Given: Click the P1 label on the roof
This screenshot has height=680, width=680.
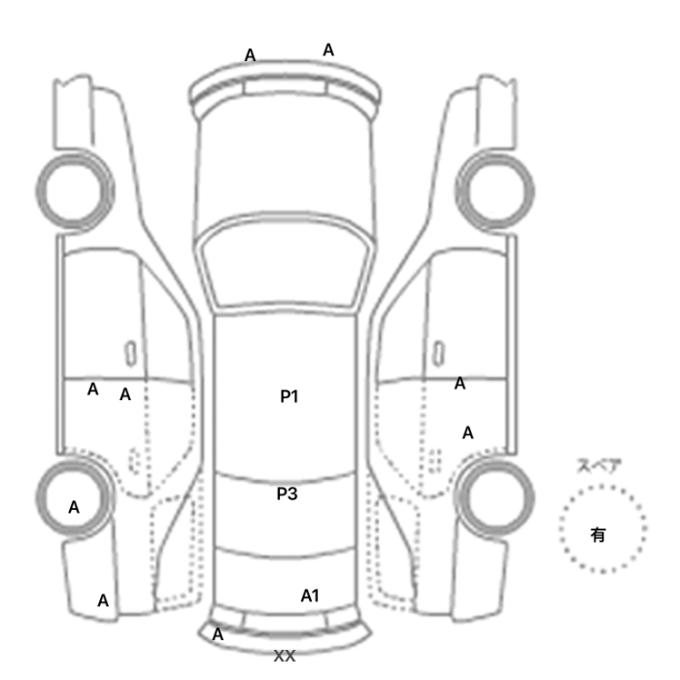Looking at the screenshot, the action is click(289, 396).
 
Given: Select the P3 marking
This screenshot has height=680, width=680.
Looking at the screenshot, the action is click(288, 493).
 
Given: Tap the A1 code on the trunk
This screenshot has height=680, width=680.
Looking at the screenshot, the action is click(310, 595).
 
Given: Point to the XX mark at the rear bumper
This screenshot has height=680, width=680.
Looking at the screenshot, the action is click(285, 656).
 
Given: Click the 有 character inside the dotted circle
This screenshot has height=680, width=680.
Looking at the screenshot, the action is click(598, 534).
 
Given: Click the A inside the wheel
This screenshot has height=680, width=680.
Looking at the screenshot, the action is click(74, 507).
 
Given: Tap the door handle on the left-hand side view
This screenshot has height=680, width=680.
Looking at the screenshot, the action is click(130, 354).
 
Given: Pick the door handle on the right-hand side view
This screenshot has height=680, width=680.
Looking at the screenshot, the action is click(439, 354).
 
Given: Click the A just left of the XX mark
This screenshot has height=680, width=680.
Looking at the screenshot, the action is click(218, 634).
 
